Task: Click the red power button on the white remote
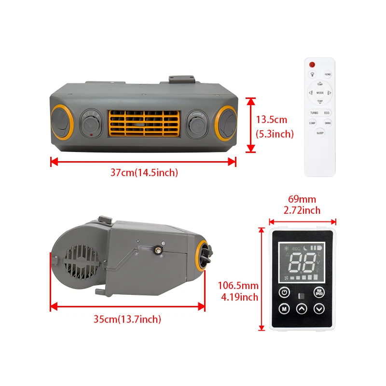tap(312, 65)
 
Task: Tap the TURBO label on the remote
tap(314, 112)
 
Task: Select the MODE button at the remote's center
tap(320, 92)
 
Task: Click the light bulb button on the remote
tap(313, 75)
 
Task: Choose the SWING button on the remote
tap(328, 124)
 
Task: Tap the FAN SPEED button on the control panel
tap(319, 292)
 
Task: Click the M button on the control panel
tap(285, 309)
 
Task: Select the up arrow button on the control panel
tap(302, 309)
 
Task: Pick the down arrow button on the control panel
tap(319, 309)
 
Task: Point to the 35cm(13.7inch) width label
tap(128, 318)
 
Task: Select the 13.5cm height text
tap(271, 120)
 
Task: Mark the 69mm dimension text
tap(302, 199)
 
